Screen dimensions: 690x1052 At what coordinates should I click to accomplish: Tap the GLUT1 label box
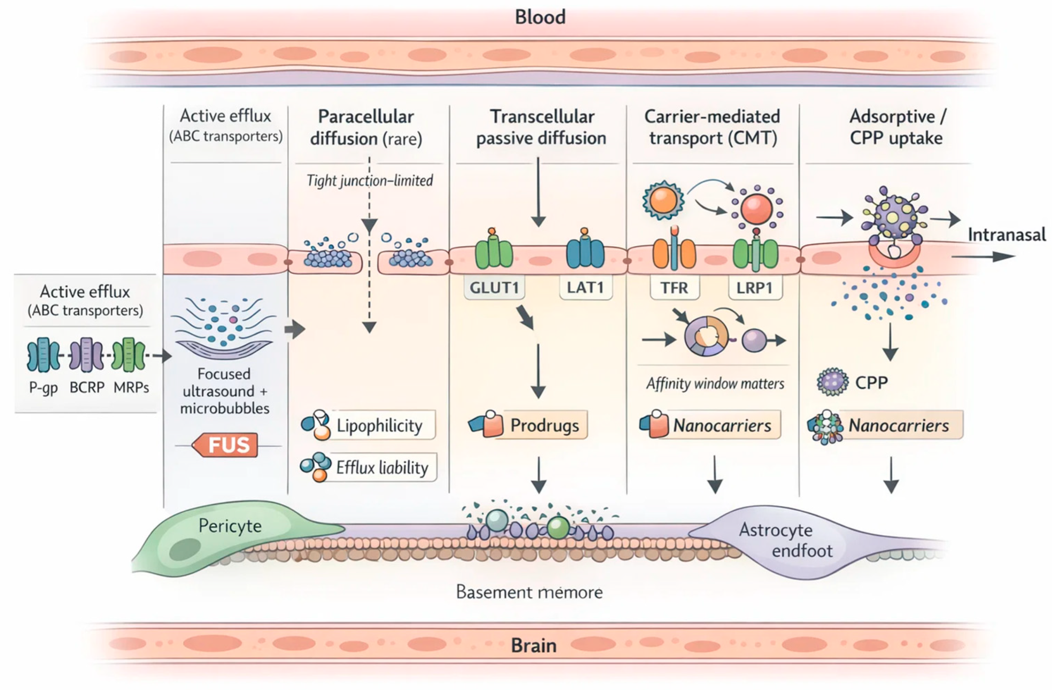coord(494,288)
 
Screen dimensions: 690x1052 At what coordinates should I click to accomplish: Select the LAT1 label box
coord(585,288)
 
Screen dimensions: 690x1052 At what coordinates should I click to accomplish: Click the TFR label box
coord(674,288)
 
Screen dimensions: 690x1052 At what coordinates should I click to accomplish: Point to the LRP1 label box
coord(754,288)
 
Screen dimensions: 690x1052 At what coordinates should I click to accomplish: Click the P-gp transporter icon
coord(43,355)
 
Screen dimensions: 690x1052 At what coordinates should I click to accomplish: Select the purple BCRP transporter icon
coord(86,355)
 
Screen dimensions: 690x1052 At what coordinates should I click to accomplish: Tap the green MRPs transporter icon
coord(128,355)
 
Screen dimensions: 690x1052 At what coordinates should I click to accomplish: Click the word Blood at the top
coord(540,17)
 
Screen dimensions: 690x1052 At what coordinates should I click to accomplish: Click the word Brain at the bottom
coord(534,645)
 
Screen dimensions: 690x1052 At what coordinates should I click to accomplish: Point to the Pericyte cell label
coord(230,526)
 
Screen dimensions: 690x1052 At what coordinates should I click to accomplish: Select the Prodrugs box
coord(544,425)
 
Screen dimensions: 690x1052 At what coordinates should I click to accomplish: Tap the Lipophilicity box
coord(379,425)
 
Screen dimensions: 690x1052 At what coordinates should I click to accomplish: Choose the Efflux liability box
coord(382,467)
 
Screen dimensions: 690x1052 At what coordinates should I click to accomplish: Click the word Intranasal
coord(1006,235)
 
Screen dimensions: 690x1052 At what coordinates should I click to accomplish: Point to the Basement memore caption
coord(529,592)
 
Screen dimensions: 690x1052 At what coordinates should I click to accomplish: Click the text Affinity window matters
coord(715,384)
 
